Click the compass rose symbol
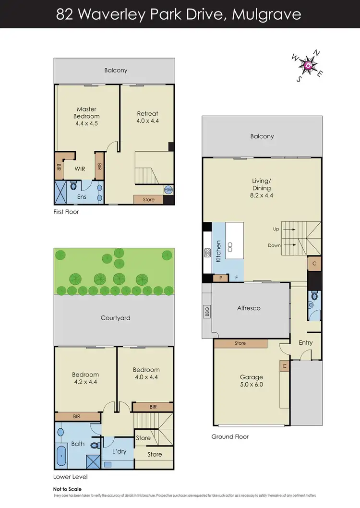(308, 66)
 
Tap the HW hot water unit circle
(168, 190)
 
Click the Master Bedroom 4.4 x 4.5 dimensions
(86, 123)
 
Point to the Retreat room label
(147, 114)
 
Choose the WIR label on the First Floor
(80, 169)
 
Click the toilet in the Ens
(74, 186)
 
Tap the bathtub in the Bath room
(62, 455)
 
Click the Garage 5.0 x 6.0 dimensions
(251, 384)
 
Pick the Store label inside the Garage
(240, 343)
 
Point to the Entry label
(305, 342)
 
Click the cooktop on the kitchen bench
(207, 252)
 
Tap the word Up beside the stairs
(276, 229)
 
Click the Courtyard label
(115, 318)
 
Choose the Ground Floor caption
(230, 437)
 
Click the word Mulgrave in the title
(266, 14)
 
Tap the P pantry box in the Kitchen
(221, 278)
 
